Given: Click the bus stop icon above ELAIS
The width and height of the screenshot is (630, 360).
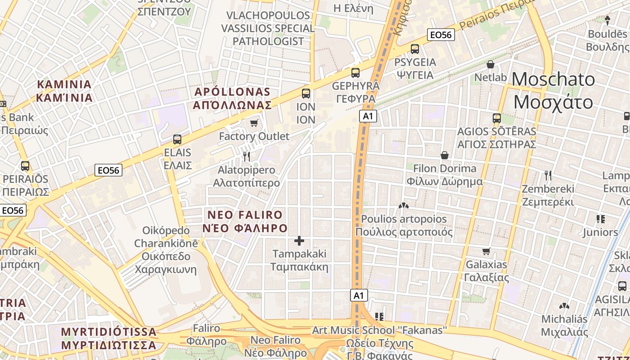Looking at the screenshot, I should [177, 139].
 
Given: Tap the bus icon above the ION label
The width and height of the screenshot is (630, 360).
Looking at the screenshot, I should [306, 94].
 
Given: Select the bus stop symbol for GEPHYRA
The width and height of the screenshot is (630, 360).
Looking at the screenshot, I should [355, 72].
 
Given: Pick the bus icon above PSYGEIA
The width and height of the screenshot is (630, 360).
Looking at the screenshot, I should [415, 49].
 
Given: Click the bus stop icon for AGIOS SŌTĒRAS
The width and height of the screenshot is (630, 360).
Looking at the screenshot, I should [497, 118].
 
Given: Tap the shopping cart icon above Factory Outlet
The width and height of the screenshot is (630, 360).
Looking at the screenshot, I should [254, 123].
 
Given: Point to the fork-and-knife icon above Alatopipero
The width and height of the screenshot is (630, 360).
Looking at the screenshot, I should [246, 157].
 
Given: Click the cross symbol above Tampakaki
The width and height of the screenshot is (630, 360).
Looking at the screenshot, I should [299, 241].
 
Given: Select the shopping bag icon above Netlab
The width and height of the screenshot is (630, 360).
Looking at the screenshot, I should [490, 64].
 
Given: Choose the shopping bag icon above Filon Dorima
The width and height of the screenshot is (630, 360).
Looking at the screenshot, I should [445, 155].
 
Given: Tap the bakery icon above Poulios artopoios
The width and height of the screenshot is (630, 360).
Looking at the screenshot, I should [404, 206].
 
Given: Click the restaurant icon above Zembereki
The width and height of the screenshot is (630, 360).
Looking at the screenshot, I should [548, 175].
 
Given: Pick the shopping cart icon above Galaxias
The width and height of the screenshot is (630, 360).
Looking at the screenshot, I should [486, 251].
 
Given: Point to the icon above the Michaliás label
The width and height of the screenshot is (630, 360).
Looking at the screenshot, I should [564, 306].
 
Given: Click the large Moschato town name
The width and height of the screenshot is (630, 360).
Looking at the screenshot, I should [553, 91].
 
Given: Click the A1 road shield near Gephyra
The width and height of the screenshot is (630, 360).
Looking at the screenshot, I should [368, 117].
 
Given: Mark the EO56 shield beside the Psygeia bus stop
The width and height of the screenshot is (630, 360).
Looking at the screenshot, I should [441, 35].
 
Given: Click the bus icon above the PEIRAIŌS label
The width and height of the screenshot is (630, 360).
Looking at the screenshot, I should [25, 166].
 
